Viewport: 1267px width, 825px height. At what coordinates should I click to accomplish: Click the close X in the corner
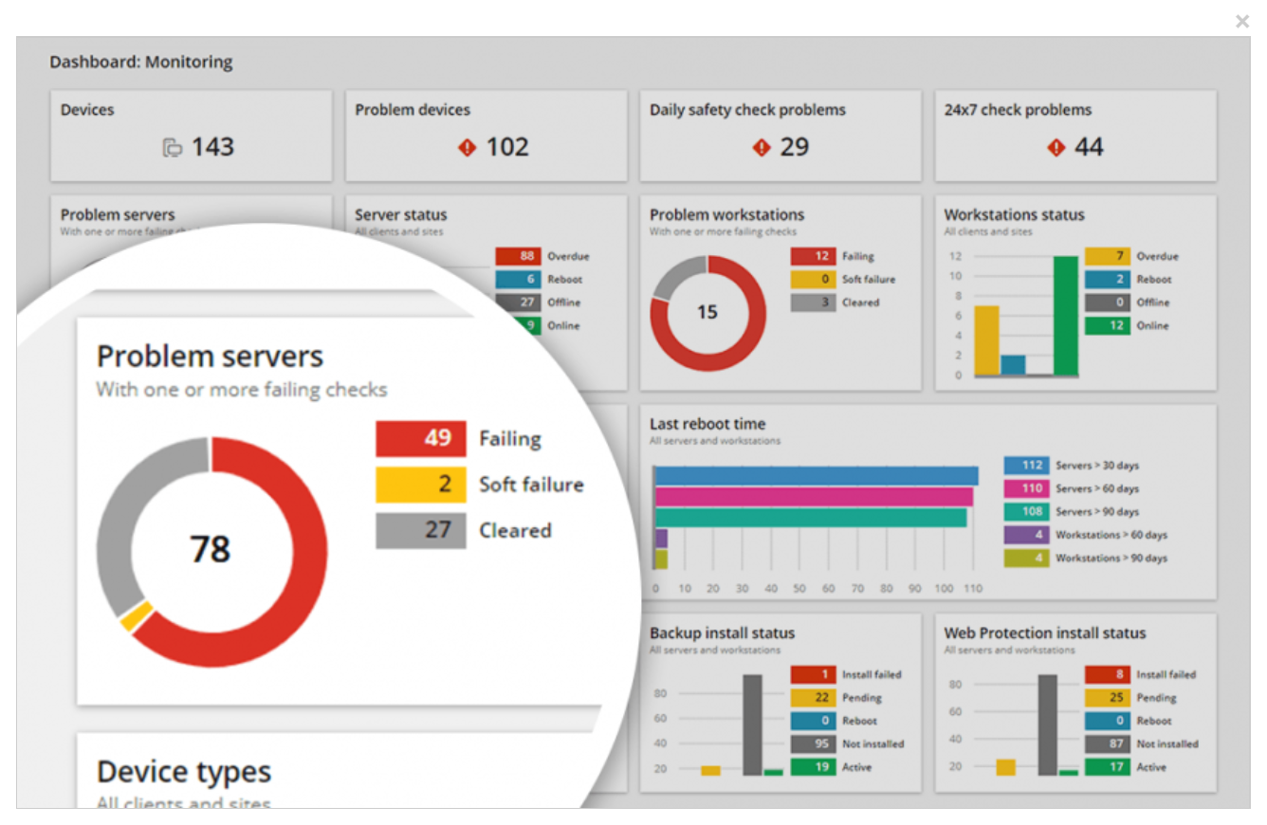click(x=1242, y=21)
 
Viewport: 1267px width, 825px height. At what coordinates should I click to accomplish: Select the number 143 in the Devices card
click(x=212, y=147)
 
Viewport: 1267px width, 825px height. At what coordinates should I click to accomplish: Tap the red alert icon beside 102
click(x=467, y=148)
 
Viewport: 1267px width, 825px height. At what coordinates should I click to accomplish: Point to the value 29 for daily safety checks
click(x=795, y=147)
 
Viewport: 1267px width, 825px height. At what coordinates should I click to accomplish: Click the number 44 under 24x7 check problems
click(x=1089, y=147)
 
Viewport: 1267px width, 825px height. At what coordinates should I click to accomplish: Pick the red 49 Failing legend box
click(x=421, y=439)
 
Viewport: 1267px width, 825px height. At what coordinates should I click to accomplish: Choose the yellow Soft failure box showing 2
click(x=421, y=485)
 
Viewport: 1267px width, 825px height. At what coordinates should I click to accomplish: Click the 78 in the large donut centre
click(x=211, y=549)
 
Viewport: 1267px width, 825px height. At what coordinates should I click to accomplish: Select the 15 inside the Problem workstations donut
click(x=707, y=312)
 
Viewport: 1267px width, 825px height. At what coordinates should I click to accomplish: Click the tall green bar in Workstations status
click(x=1066, y=316)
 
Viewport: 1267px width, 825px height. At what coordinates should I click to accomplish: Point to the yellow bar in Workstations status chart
click(x=987, y=340)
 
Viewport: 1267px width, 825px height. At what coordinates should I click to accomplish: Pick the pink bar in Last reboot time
click(x=814, y=497)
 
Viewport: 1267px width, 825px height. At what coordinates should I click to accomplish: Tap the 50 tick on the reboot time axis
click(x=799, y=589)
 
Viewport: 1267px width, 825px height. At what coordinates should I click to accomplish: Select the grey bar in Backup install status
click(x=752, y=724)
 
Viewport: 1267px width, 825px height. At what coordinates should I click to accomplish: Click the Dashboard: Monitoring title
click(x=141, y=63)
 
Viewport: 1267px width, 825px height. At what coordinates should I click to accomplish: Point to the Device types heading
click(x=184, y=772)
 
